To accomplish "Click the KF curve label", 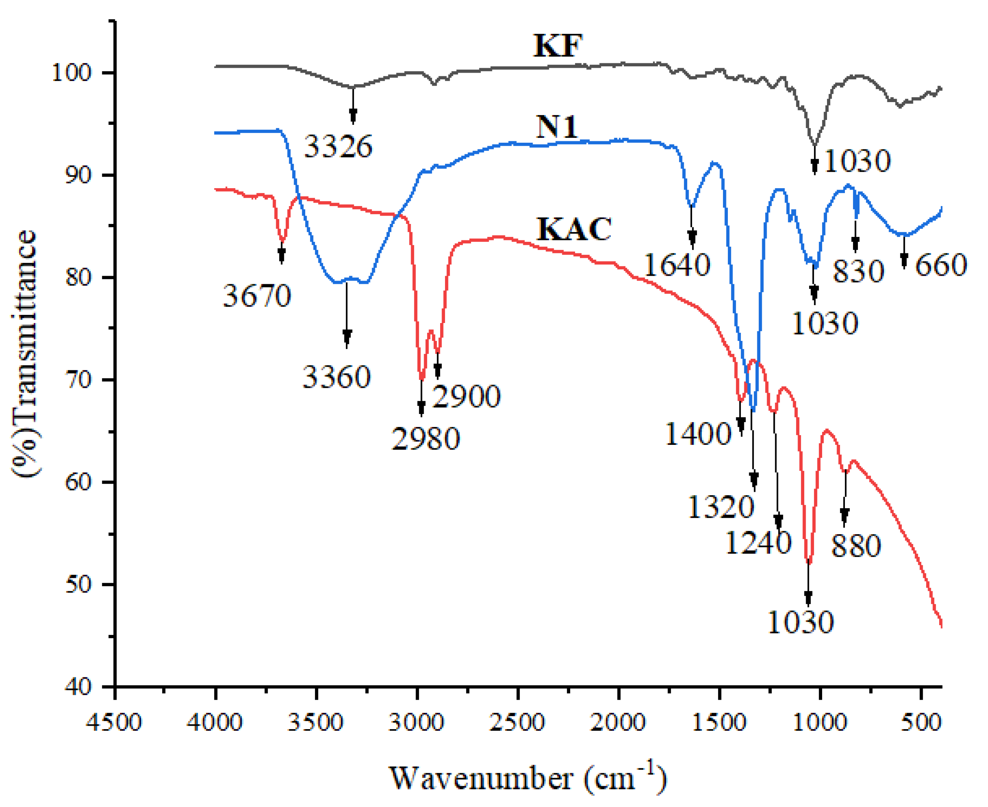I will (558, 46).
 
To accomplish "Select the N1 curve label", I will (557, 127).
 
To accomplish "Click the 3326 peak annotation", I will (338, 147).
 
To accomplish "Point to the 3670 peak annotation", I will (257, 296).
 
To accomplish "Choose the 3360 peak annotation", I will (337, 377).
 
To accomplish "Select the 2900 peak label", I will (466, 396).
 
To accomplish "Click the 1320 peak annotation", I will (720, 507).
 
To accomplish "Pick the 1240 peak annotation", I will (758, 542).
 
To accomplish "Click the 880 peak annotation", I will (856, 546).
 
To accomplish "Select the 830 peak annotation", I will (858, 272).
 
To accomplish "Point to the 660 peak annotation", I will (941, 265).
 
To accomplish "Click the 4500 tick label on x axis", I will (114, 722).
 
